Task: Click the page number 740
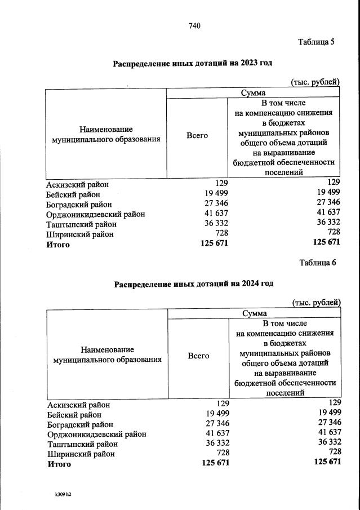click(x=194, y=25)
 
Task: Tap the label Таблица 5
click(x=316, y=41)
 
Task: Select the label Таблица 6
click(x=317, y=262)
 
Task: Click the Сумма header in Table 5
click(x=253, y=93)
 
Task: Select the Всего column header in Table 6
click(x=198, y=356)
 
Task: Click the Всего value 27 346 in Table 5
click(x=215, y=203)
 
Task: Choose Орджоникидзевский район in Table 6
click(x=97, y=434)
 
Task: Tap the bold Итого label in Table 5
click(x=58, y=244)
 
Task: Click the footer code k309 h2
click(x=63, y=494)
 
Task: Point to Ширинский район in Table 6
click(x=81, y=453)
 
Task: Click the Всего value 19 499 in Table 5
click(x=215, y=193)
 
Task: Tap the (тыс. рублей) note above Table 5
click(x=314, y=82)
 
